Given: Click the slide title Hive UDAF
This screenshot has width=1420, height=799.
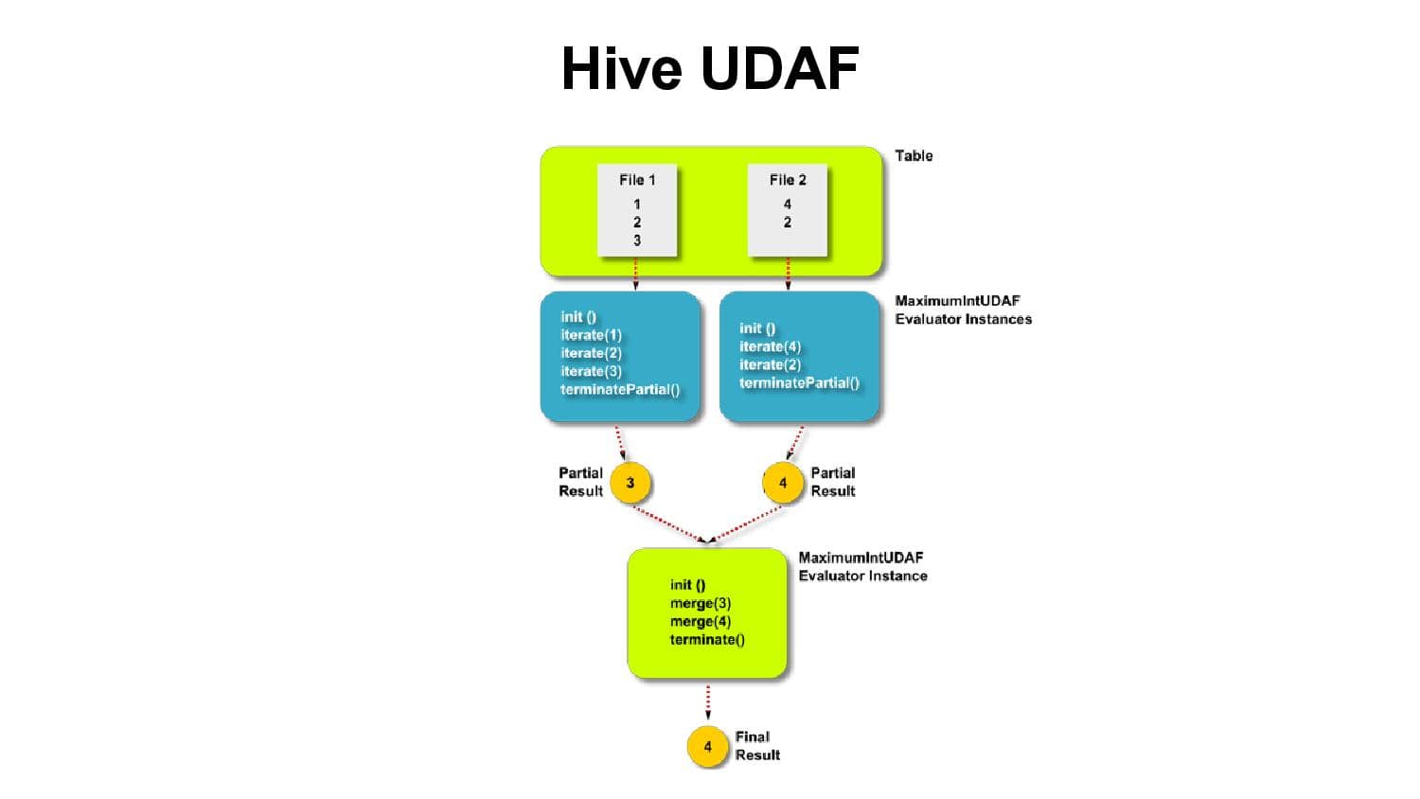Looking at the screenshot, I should [x=710, y=68].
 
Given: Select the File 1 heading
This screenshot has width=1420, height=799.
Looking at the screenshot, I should [x=637, y=180].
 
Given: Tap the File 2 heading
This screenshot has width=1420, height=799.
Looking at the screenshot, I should [x=788, y=180].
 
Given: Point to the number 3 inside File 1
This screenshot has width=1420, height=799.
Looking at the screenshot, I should [x=637, y=240].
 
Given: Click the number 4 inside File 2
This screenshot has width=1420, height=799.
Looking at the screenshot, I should [x=788, y=204].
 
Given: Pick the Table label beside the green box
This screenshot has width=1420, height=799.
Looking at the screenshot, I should [x=914, y=155].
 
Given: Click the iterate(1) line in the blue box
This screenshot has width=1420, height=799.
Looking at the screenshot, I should [x=591, y=335].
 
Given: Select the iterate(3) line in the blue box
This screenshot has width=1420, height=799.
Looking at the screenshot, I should [x=591, y=371].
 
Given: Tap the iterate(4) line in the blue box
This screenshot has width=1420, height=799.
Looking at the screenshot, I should [x=770, y=346].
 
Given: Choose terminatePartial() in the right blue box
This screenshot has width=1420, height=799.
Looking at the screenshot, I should [x=799, y=382].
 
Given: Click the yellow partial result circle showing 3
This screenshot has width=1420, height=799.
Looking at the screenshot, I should [x=630, y=483].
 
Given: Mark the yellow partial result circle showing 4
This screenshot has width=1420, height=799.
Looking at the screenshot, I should [x=783, y=483].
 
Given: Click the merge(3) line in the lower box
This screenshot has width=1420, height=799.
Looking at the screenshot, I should [x=701, y=603].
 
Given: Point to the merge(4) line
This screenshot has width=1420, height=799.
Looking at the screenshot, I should [x=701, y=621].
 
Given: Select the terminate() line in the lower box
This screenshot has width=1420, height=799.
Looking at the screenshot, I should [x=707, y=640].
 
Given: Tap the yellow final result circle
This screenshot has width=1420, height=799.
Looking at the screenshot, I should [x=707, y=747].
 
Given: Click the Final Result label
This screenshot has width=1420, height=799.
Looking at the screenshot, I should [x=757, y=746].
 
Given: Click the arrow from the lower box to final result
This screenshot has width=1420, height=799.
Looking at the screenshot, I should [x=708, y=701].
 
